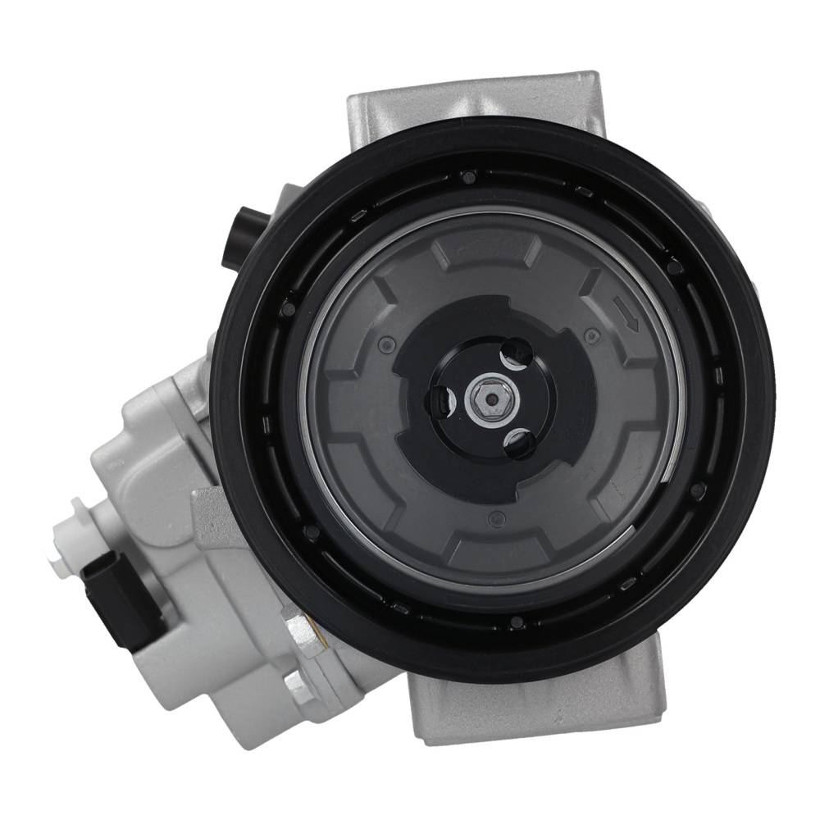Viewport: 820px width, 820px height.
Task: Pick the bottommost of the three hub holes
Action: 519,444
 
